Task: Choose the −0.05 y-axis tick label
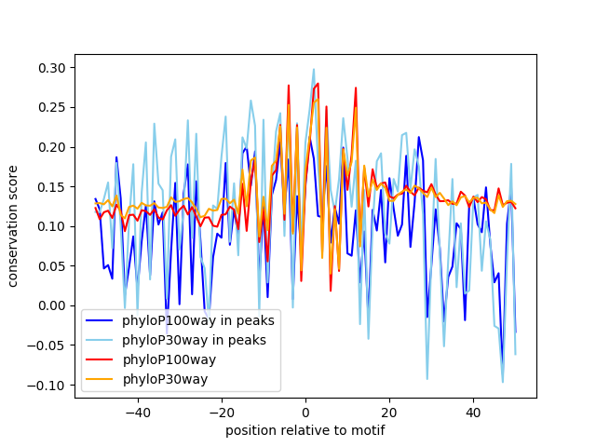[x=49, y=345]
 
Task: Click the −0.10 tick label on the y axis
[x=49, y=385]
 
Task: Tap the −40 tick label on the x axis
[x=137, y=412]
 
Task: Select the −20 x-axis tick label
[x=221, y=412]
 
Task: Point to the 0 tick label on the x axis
[x=305, y=412]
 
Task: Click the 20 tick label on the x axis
[x=389, y=412]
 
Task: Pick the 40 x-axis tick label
[x=473, y=412]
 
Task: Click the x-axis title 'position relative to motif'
[x=305, y=430]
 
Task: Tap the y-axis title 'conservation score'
[x=14, y=226]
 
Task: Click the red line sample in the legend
[x=101, y=359]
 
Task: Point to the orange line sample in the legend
[x=101, y=379]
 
